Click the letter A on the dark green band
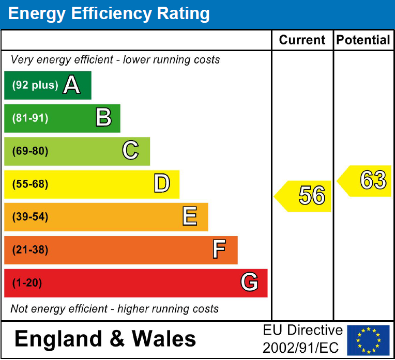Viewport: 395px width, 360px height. (72, 85)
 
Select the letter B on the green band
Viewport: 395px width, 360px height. (103, 118)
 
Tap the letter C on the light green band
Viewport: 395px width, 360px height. (130, 151)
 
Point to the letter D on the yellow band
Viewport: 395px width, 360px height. (162, 184)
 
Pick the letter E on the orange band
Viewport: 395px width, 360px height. (190, 217)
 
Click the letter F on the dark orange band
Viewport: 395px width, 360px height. (219, 250)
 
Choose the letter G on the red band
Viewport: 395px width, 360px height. (249, 283)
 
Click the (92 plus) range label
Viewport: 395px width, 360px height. (35, 85)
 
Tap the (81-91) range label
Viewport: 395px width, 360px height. (30, 118)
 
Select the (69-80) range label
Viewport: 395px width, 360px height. (30, 151)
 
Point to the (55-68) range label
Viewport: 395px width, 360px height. (30, 184)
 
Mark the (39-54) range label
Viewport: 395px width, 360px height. (30, 217)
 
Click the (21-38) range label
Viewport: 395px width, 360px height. (30, 250)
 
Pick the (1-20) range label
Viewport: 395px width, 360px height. (27, 283)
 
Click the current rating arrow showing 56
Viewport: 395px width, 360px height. (304, 196)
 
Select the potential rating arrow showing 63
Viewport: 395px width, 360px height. (366, 181)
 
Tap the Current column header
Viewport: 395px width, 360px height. (302, 40)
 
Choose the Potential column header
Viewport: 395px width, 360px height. (363, 40)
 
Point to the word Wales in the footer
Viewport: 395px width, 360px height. (164, 339)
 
